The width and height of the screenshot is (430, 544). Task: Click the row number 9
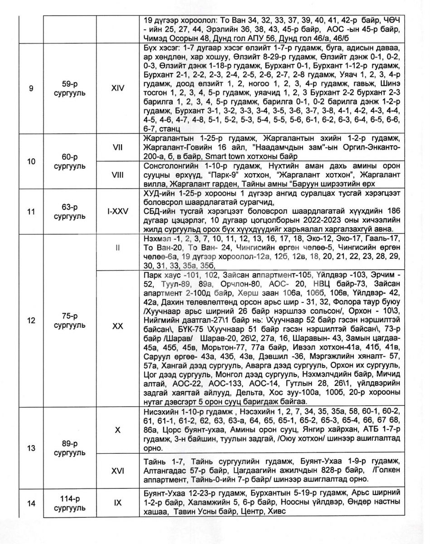click(31, 88)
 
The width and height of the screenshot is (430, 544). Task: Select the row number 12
click(31, 320)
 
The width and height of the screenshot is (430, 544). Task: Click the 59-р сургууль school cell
click(69, 88)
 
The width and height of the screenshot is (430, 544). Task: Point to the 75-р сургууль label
click(69, 320)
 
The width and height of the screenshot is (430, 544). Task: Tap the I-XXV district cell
click(117, 211)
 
